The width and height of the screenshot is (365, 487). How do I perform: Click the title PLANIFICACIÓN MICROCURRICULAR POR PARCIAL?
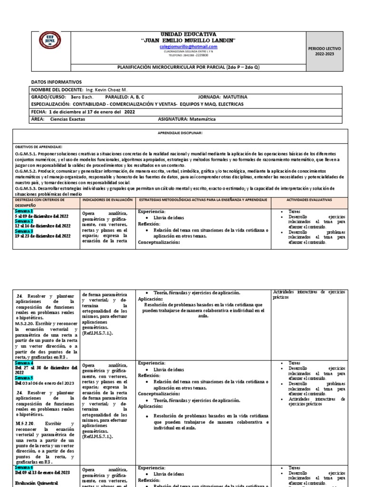tap(188, 67)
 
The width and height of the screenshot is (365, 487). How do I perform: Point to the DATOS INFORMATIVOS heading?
tap(57, 82)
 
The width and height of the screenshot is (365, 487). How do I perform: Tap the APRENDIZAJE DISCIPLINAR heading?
tap(180, 133)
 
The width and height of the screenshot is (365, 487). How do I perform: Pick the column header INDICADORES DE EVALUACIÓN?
tap(107, 200)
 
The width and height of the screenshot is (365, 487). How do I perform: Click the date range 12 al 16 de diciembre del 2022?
tap(42, 226)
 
